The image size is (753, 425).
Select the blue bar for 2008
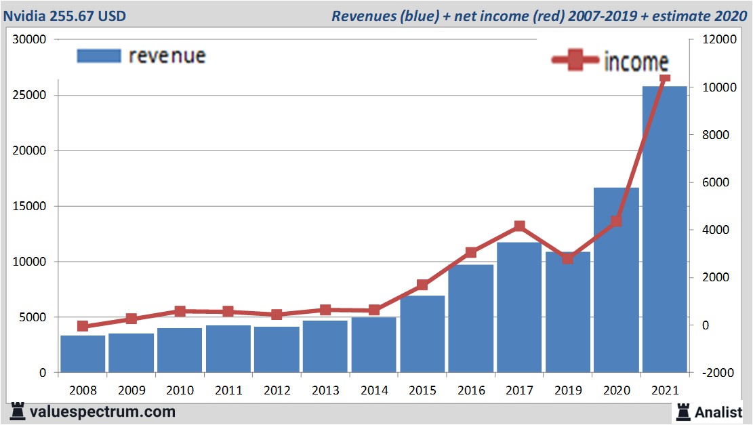(x=83, y=354)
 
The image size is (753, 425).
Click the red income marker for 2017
(x=519, y=226)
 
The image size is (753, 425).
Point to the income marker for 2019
(x=568, y=258)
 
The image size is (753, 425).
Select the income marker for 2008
(x=83, y=326)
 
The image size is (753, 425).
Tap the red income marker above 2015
(x=422, y=285)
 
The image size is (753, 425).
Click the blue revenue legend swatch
(x=99, y=56)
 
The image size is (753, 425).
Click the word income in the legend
(x=636, y=62)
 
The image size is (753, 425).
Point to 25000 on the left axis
(x=30, y=95)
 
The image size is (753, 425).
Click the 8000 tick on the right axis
(x=706, y=136)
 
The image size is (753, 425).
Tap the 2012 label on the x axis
(x=277, y=390)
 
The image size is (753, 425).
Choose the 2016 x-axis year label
(x=471, y=390)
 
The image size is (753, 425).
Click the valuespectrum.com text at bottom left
(x=102, y=411)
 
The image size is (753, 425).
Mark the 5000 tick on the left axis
(x=33, y=317)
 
